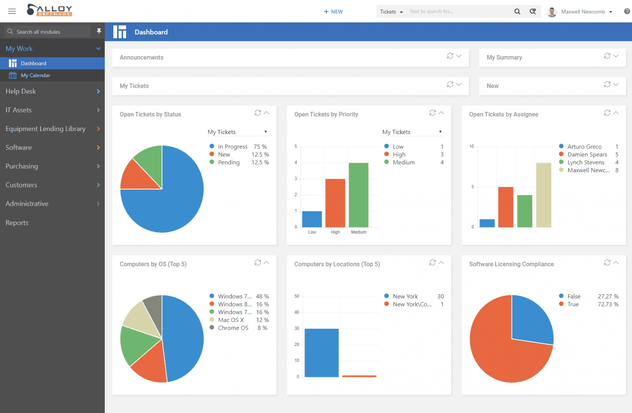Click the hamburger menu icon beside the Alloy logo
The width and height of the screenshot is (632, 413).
[12, 11]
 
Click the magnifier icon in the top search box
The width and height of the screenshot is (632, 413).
[517, 11]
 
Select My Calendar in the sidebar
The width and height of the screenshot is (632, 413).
[35, 75]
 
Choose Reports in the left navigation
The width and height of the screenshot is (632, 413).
[17, 223]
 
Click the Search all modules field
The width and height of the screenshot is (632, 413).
[48, 32]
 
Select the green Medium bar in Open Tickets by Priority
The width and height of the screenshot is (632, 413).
[359, 195]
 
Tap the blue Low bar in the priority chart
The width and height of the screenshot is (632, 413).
[312, 219]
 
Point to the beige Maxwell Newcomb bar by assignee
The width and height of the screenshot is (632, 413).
[544, 195]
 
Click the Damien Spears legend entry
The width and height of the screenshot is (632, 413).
[587, 155]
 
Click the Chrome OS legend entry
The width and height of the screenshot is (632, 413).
[233, 328]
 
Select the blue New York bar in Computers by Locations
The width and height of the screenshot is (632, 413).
[321, 353]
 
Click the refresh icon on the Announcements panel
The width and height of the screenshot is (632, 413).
[450, 56]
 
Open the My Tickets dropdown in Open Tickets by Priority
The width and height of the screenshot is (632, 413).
[412, 132]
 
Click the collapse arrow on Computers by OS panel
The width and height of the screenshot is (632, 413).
[266, 263]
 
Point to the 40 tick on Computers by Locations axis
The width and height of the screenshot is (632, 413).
[297, 312]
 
